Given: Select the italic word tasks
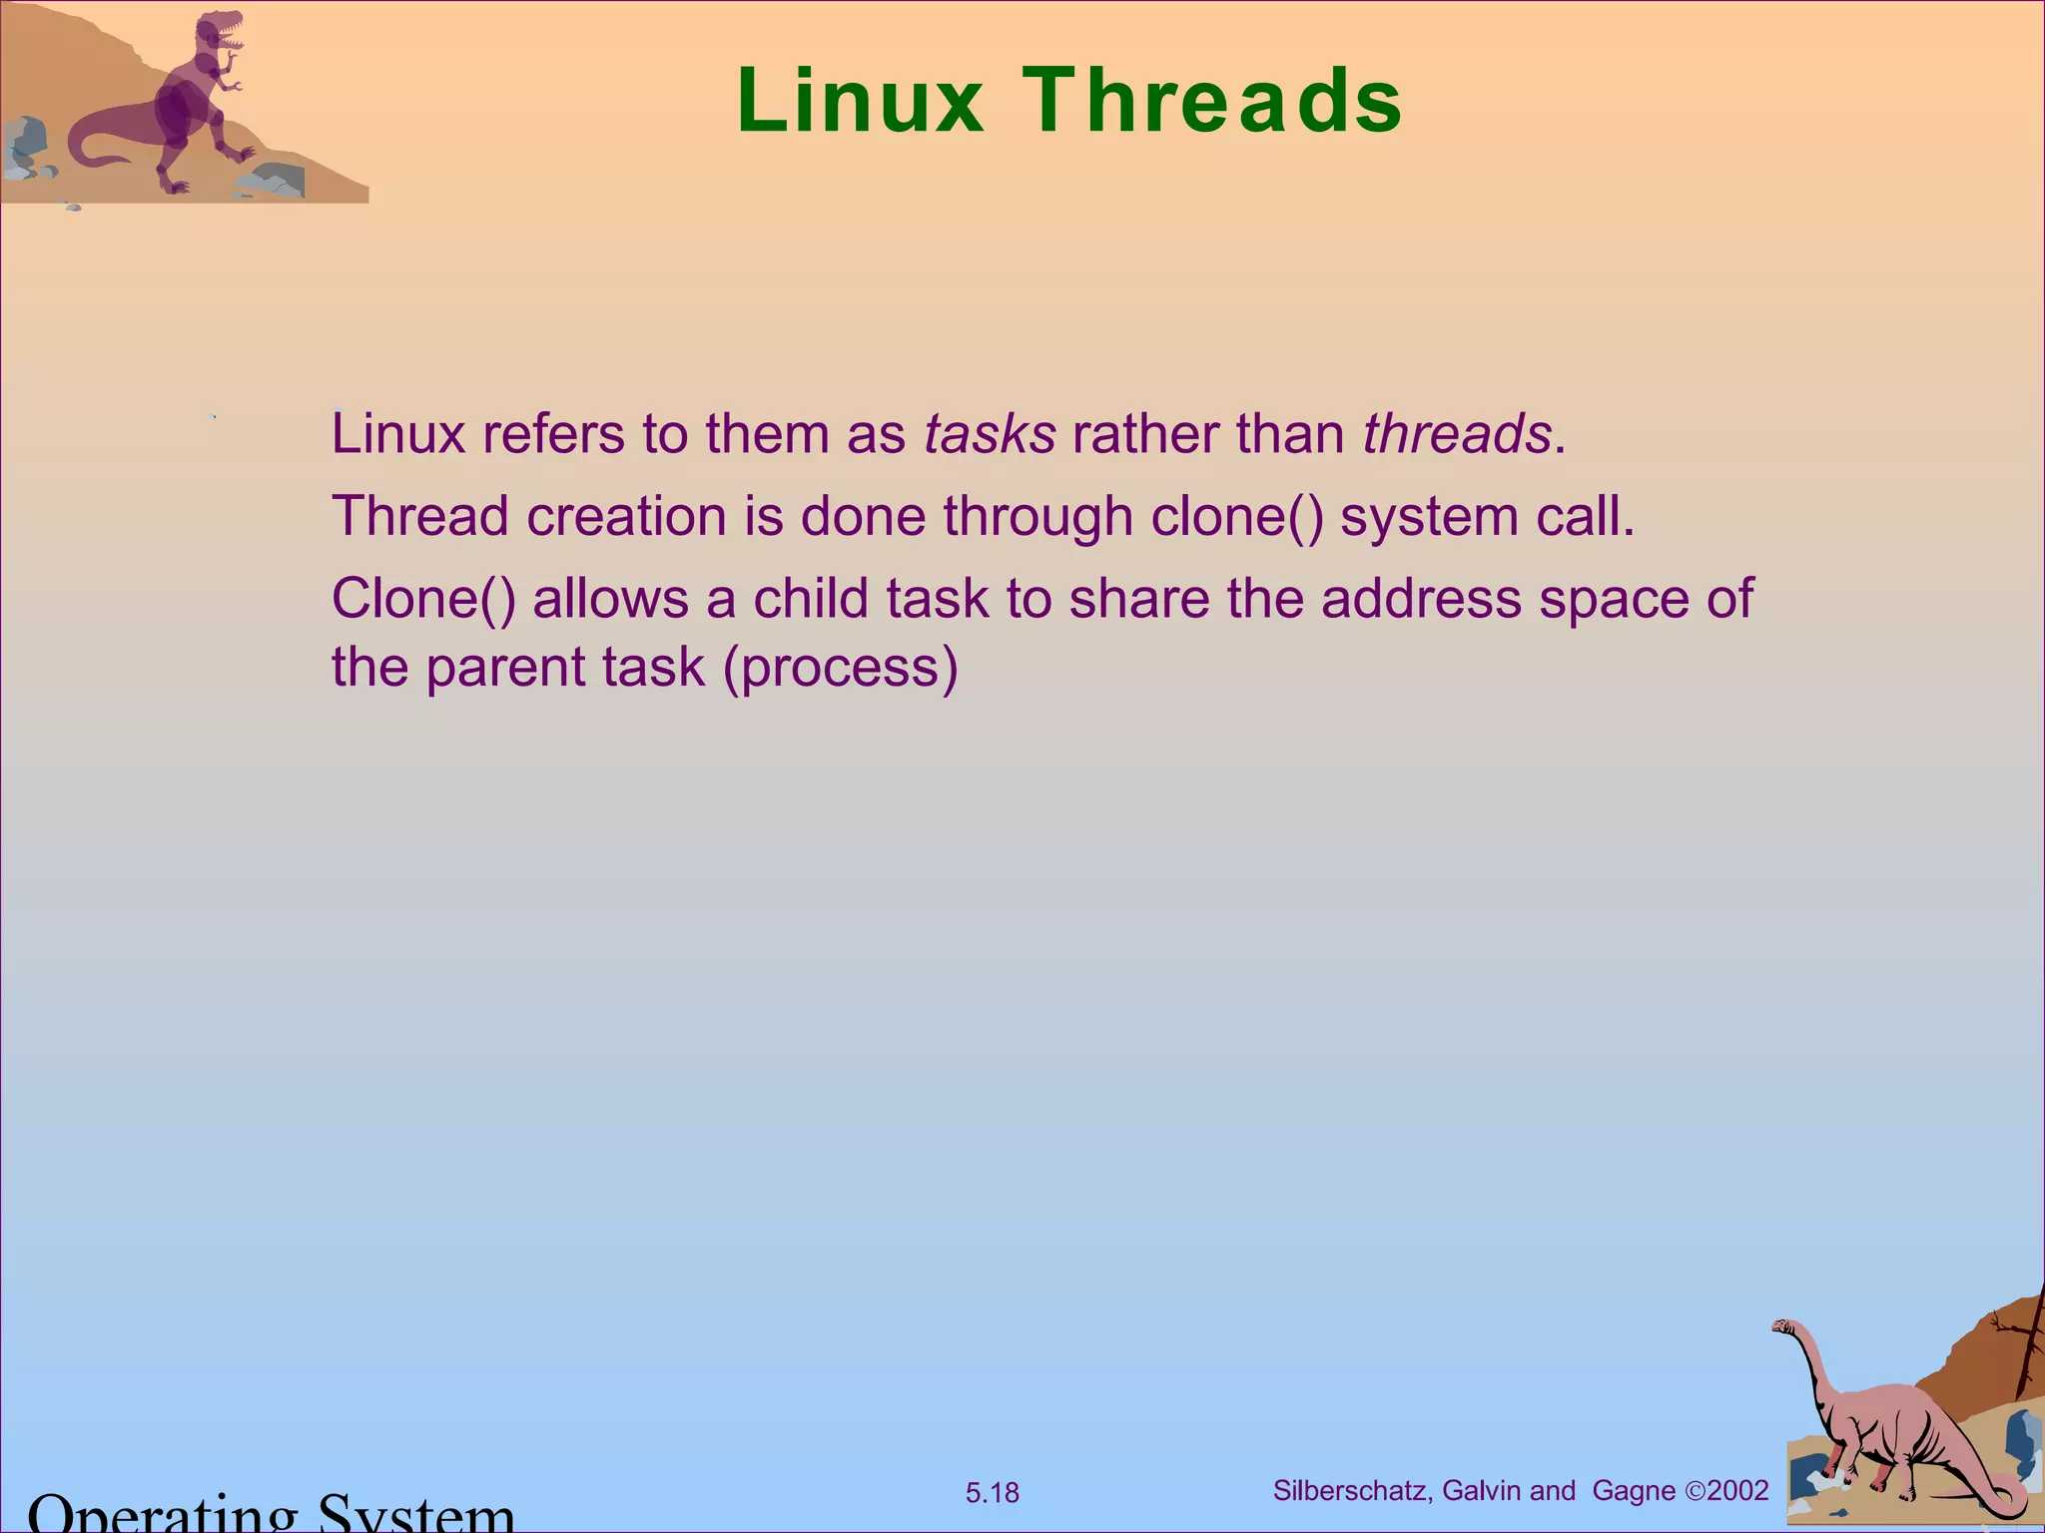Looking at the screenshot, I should coord(989,434).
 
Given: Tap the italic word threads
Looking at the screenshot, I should coord(1457,434).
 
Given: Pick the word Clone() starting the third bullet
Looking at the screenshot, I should coord(423,600).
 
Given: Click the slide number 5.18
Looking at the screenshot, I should coord(992,1493).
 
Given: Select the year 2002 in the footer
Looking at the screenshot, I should coord(1738,1491).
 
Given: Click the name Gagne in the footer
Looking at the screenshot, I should coord(1634,1491).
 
